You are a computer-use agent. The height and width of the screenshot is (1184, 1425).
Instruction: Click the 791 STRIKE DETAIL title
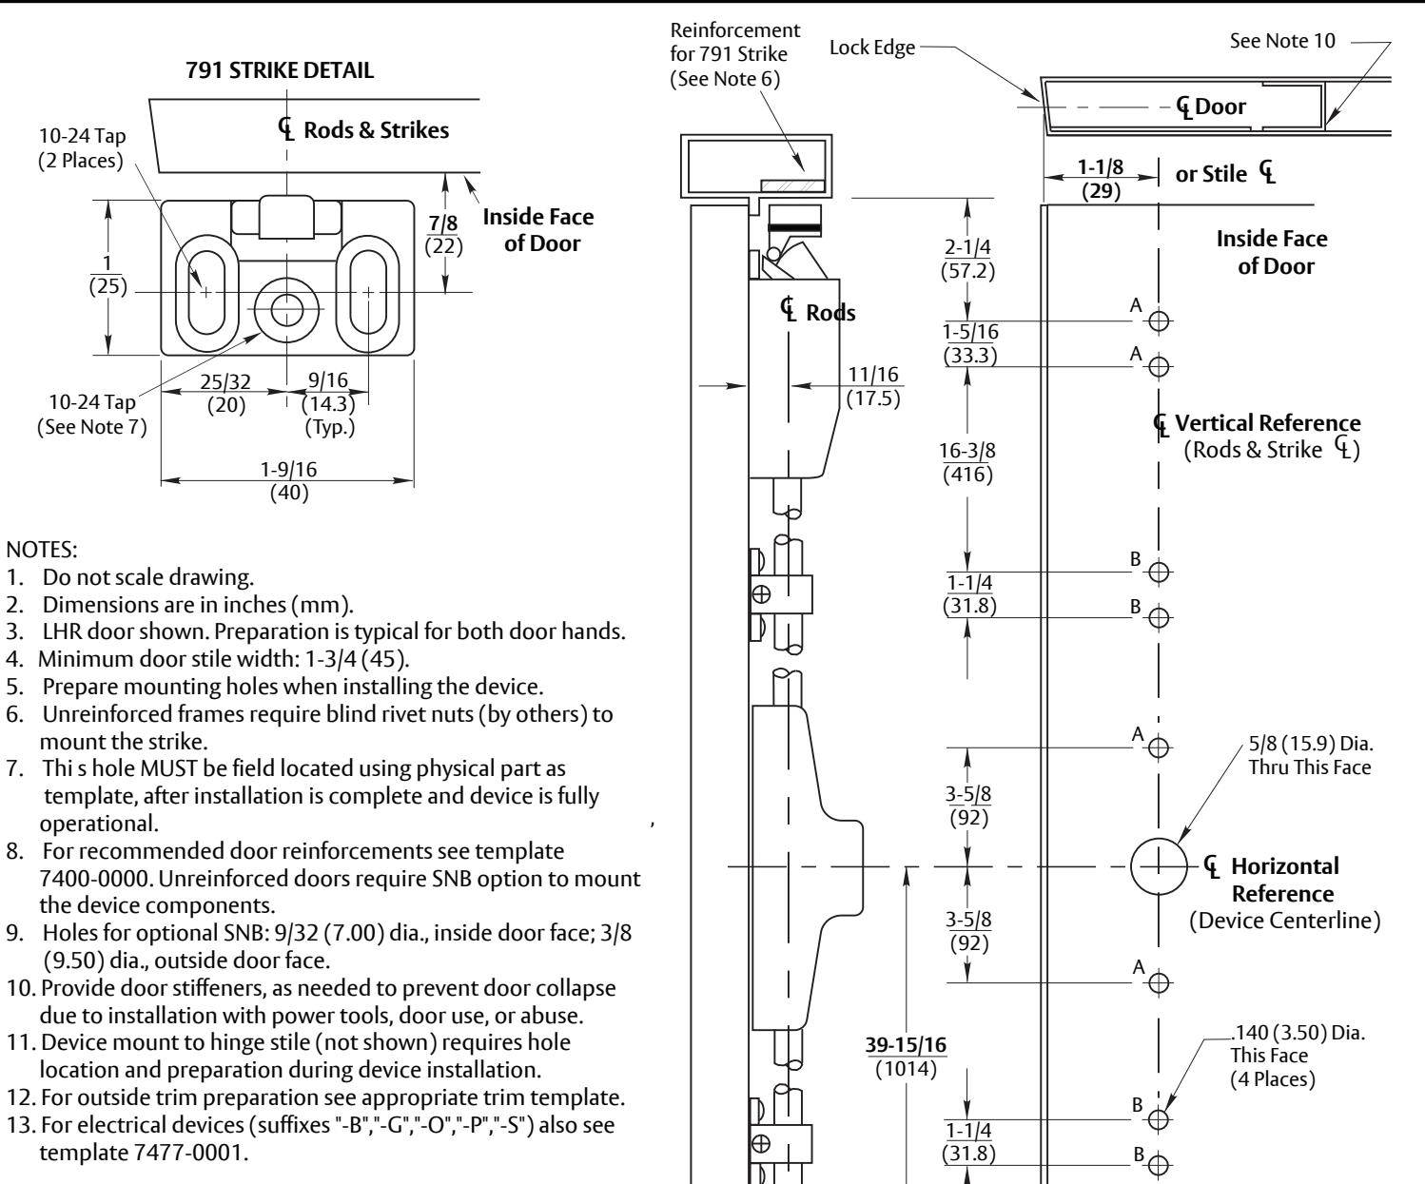[280, 70]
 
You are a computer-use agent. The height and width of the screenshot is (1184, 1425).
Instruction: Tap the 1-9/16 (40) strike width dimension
[288, 480]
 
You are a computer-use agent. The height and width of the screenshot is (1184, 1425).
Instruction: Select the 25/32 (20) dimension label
[225, 393]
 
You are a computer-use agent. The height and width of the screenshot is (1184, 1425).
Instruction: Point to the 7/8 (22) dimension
[443, 234]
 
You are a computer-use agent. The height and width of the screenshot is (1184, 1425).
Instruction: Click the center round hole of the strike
[287, 310]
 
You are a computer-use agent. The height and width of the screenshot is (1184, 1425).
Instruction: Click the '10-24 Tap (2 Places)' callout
[82, 147]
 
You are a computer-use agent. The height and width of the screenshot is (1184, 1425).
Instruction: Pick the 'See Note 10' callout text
[1282, 41]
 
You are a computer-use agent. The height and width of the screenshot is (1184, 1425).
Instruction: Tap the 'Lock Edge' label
[872, 48]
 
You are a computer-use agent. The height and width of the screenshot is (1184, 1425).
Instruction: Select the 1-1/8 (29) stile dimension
[1101, 179]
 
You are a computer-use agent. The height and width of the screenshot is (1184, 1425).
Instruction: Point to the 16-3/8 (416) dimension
[967, 462]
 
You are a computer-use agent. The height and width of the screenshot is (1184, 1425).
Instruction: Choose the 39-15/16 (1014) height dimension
[906, 1056]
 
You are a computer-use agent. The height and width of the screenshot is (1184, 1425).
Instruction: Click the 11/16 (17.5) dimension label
[873, 385]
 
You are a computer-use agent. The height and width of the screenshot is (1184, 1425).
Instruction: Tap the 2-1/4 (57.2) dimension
[967, 259]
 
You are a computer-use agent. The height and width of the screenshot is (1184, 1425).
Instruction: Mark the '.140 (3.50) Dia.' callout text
[1298, 1033]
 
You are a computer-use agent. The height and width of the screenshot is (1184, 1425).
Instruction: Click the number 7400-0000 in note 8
[96, 879]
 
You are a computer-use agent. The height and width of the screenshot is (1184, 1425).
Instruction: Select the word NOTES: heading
[42, 550]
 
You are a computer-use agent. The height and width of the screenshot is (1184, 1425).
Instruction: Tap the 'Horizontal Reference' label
[1283, 880]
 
